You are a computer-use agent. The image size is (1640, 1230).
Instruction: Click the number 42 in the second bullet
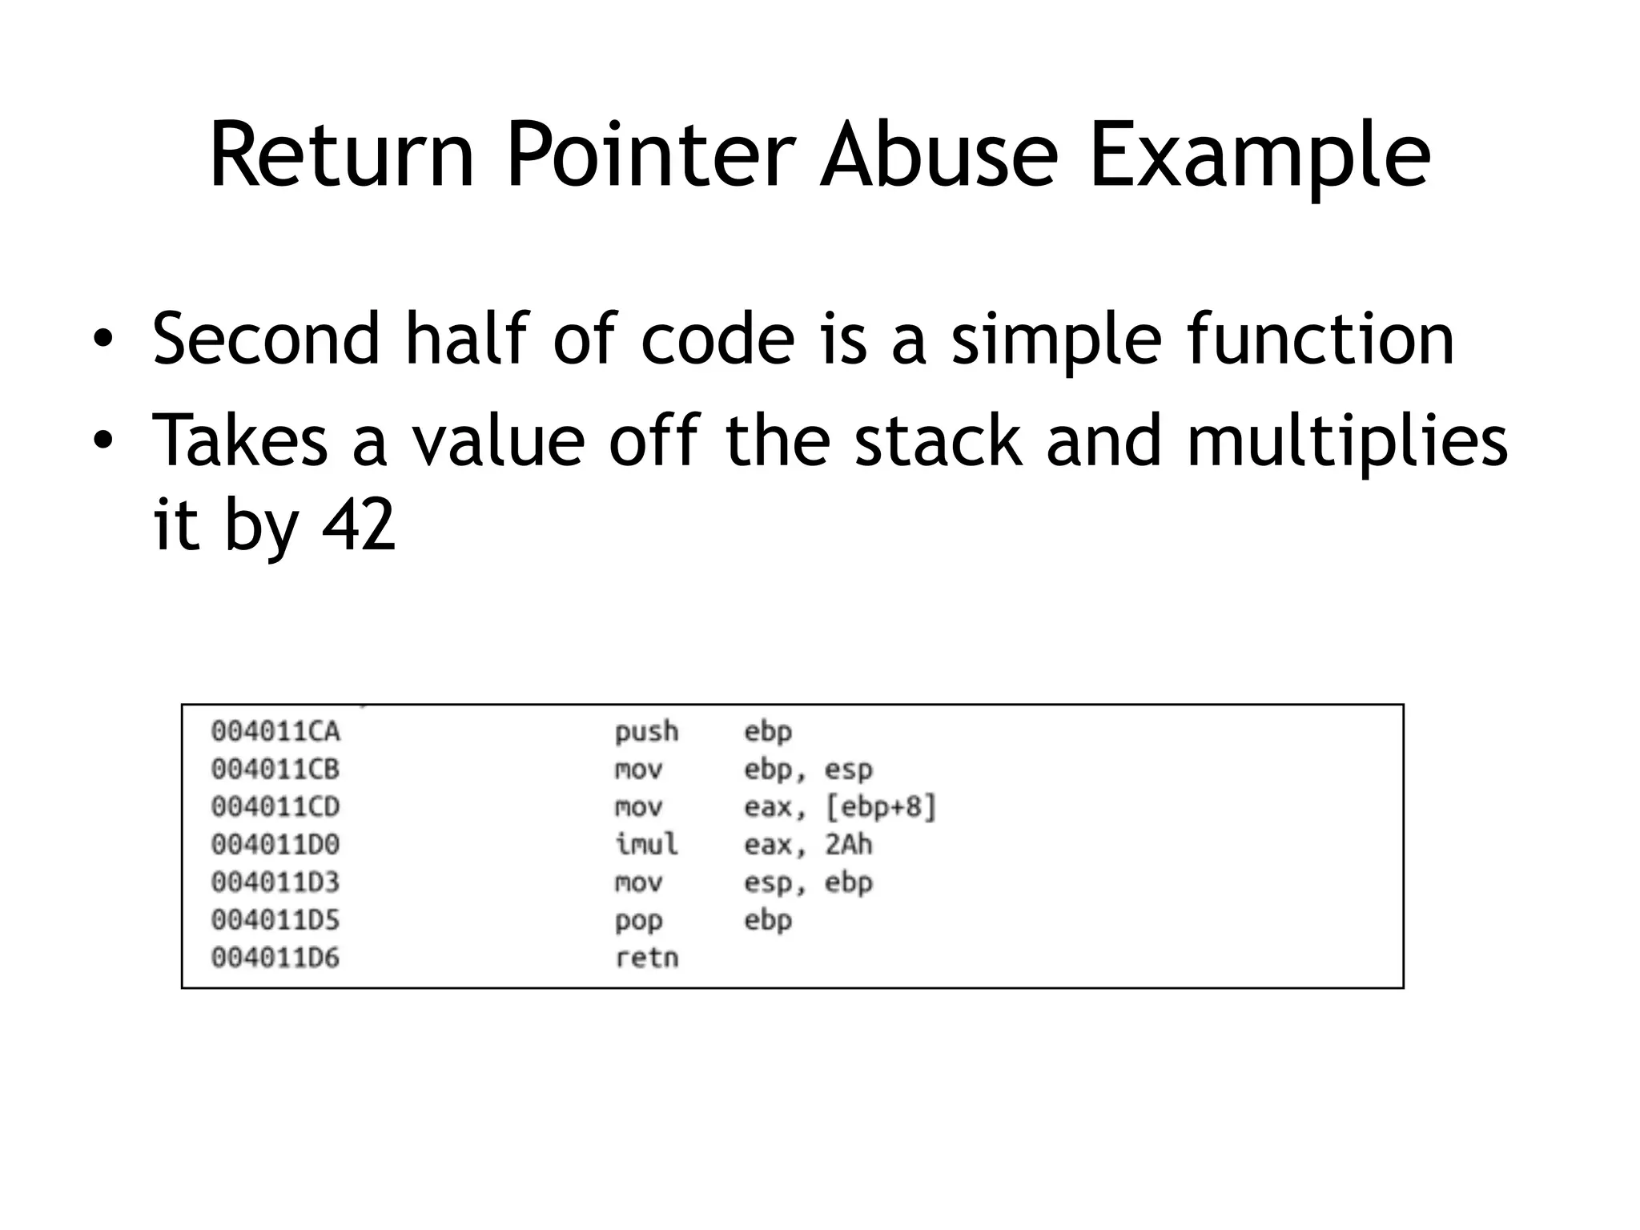(358, 525)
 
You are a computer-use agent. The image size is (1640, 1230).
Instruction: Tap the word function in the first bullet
(1320, 339)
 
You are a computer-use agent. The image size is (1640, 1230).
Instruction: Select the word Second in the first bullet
(265, 339)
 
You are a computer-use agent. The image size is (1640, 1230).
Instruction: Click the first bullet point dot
(102, 339)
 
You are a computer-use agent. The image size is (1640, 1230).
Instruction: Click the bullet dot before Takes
(102, 440)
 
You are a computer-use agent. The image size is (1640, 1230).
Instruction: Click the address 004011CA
(275, 731)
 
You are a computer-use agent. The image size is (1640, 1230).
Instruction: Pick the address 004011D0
(275, 844)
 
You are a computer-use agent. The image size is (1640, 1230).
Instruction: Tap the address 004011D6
(275, 958)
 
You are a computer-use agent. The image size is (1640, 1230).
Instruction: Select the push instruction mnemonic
(646, 732)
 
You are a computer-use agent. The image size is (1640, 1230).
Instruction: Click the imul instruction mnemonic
(646, 844)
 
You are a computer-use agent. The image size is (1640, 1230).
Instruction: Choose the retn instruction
(646, 958)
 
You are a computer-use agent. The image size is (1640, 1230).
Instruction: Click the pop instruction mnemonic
(638, 921)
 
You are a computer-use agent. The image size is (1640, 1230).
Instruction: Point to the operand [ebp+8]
(880, 806)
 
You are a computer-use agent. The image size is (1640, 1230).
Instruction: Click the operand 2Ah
(849, 844)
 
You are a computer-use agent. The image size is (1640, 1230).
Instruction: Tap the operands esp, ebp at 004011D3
(808, 882)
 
